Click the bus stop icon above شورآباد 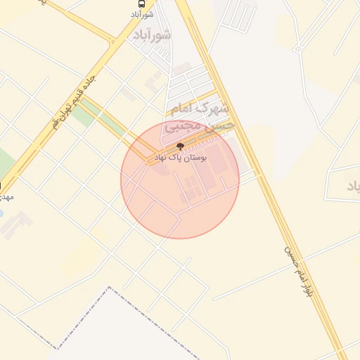[143, 4]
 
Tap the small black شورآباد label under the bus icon [143, 14]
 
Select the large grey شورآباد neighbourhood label [152, 35]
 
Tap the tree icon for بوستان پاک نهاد [181, 147]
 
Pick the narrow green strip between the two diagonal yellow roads [85, 115]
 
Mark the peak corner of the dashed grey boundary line [110, 287]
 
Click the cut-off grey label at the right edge [353, 187]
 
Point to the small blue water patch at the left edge [1, 212]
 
